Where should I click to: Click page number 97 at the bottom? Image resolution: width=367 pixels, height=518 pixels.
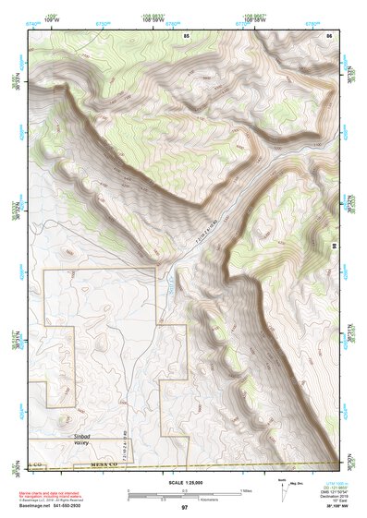(x=184, y=508)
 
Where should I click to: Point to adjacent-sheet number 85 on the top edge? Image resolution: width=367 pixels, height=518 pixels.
(x=186, y=34)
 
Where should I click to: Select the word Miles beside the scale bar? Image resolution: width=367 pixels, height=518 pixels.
(x=246, y=489)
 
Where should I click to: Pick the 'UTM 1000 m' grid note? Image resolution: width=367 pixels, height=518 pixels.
(x=338, y=483)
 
